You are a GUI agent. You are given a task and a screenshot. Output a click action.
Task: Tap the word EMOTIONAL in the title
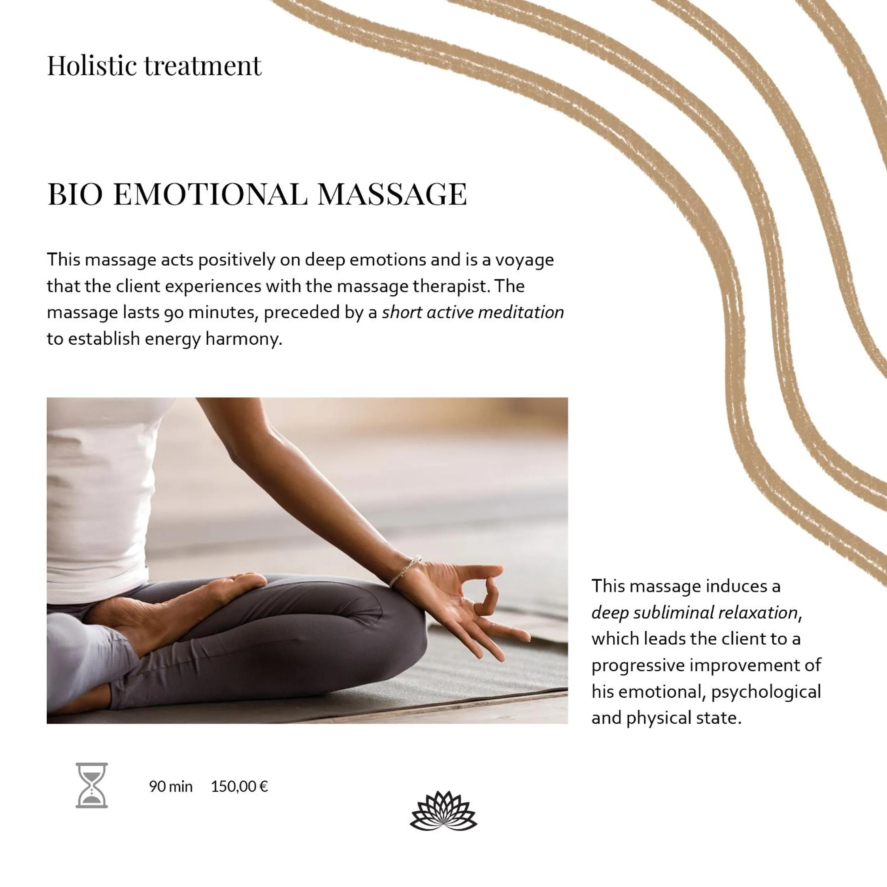coord(210,194)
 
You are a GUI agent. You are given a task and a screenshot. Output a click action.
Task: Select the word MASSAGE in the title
coord(392,194)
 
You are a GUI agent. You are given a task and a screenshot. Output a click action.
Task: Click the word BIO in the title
coord(75,194)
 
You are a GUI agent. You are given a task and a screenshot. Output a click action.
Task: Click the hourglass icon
coord(92,785)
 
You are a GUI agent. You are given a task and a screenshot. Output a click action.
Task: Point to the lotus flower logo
coord(443,811)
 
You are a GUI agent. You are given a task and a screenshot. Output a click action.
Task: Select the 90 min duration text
coord(170,787)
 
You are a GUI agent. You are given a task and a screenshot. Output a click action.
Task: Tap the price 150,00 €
coord(239,787)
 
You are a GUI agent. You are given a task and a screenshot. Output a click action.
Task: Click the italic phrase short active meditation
coord(472,313)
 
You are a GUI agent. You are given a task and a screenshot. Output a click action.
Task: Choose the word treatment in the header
coord(202,66)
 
